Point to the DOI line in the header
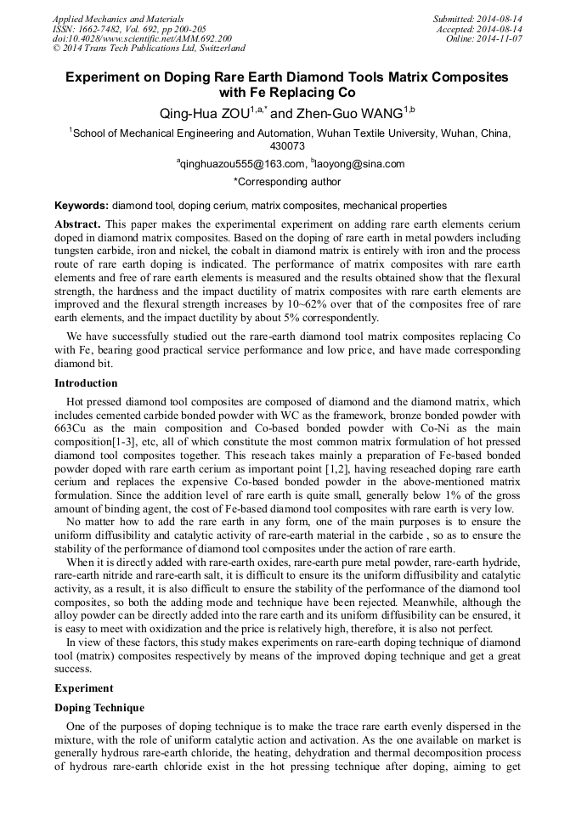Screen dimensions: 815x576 tap(142, 39)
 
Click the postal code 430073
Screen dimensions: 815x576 tap(287, 146)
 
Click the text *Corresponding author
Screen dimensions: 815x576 tap(287, 181)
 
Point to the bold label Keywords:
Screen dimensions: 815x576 tap(82, 206)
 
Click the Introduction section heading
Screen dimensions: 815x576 tap(86, 383)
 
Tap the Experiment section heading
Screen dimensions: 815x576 tap(83, 687)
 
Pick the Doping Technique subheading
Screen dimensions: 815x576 tap(99, 708)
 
